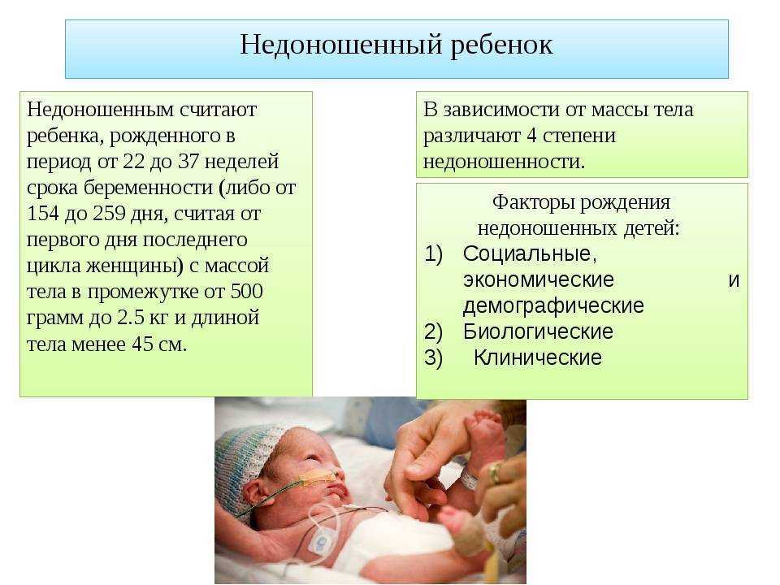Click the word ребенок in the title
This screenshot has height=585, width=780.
501,45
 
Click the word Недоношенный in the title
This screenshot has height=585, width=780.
341,44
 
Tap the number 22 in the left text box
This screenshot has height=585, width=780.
132,161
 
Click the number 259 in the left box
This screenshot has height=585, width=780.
110,213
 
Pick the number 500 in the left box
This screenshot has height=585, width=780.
246,291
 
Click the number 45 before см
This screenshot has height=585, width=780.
142,344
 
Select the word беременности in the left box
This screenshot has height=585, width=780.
148,188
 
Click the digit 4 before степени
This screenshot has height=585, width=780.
531,136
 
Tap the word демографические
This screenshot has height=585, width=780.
553,306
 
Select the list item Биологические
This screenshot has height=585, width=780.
538,331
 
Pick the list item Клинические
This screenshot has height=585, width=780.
537,357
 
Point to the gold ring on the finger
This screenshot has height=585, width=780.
495,473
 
